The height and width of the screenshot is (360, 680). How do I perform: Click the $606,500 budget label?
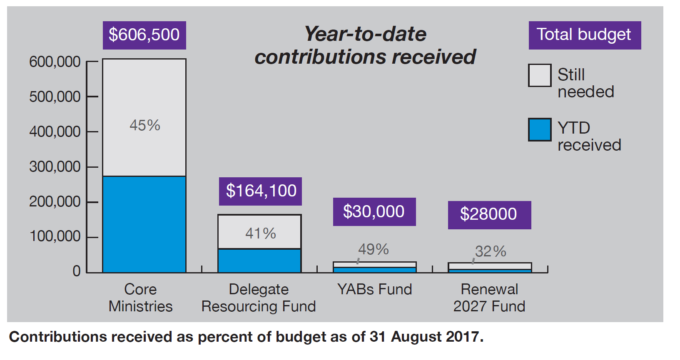[144, 35]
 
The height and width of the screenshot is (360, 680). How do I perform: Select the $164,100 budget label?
[261, 191]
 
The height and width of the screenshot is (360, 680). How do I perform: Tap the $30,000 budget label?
[374, 212]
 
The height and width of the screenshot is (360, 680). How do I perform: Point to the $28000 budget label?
[489, 214]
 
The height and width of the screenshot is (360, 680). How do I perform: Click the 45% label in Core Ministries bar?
[144, 125]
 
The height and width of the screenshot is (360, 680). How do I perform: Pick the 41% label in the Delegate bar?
[260, 233]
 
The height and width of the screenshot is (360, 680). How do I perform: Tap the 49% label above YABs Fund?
[373, 249]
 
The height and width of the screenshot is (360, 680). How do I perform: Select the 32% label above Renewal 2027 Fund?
[491, 251]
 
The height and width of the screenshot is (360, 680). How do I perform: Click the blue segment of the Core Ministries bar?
[144, 224]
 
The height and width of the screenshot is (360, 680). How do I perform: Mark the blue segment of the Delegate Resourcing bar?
[259, 261]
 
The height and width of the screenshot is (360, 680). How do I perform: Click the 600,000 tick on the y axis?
[55, 62]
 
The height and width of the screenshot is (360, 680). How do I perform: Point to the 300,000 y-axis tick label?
[55, 167]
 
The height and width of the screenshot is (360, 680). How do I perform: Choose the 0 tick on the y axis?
[77, 271]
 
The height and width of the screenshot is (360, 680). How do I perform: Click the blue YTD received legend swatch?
[540, 130]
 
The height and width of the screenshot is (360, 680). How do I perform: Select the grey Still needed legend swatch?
[540, 75]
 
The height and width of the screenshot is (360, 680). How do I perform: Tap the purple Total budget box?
[584, 35]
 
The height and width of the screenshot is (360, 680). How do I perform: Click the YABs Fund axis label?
[374, 289]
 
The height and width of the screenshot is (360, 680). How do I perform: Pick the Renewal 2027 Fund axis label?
[489, 298]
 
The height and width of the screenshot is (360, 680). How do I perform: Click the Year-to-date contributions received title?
[365, 45]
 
